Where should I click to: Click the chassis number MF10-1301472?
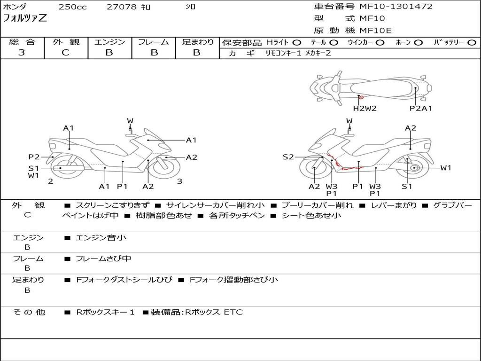(396, 7)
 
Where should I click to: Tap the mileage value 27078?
(122, 7)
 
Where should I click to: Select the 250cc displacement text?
(72, 7)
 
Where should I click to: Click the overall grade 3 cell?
(22, 53)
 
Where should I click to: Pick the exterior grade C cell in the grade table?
(66, 53)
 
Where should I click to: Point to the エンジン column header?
(109, 42)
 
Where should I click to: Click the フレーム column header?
(154, 42)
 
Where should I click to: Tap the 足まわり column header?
(197, 42)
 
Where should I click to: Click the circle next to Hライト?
(297, 43)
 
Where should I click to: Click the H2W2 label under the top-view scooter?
(365, 109)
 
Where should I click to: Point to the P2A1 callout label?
(421, 109)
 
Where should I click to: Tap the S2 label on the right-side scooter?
(288, 157)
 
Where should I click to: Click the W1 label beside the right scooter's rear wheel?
(445, 168)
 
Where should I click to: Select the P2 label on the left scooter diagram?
(34, 157)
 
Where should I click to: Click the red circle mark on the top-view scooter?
(361, 97)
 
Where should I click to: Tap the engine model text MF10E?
(376, 31)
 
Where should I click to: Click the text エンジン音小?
(101, 238)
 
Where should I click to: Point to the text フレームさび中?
(103, 259)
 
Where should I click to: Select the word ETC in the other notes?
(233, 312)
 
